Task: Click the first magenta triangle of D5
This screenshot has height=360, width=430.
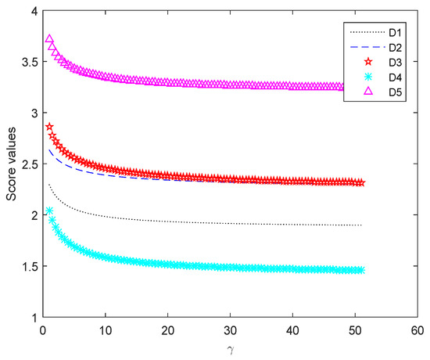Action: [x=50, y=40]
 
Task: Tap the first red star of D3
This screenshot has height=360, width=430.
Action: [x=50, y=127]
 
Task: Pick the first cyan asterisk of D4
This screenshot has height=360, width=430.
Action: [x=50, y=211]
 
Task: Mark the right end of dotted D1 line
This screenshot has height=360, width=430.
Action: [x=362, y=225]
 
